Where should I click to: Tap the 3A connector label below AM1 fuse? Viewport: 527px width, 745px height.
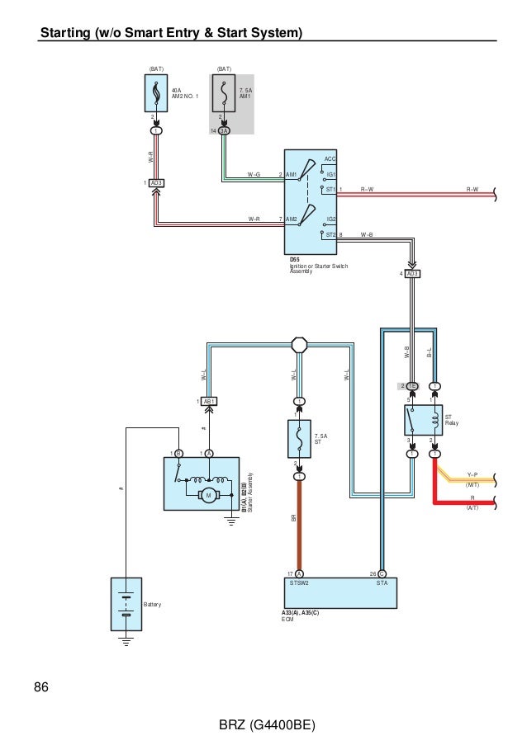click(x=224, y=130)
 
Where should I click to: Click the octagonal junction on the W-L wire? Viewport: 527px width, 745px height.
click(x=299, y=344)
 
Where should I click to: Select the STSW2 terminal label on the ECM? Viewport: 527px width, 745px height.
click(x=299, y=583)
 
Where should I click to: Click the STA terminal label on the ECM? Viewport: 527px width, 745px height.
click(x=382, y=583)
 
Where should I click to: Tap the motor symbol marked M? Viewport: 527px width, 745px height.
click(x=209, y=494)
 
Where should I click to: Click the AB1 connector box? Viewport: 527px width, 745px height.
click(x=210, y=401)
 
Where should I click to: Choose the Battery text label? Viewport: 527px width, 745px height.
click(x=153, y=605)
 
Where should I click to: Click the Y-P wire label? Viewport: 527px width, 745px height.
click(x=472, y=474)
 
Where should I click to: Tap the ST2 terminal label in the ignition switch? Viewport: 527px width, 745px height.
click(x=330, y=234)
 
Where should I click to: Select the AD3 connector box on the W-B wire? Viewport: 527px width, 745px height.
click(x=412, y=273)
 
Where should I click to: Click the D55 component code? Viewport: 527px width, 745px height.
click(x=294, y=259)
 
